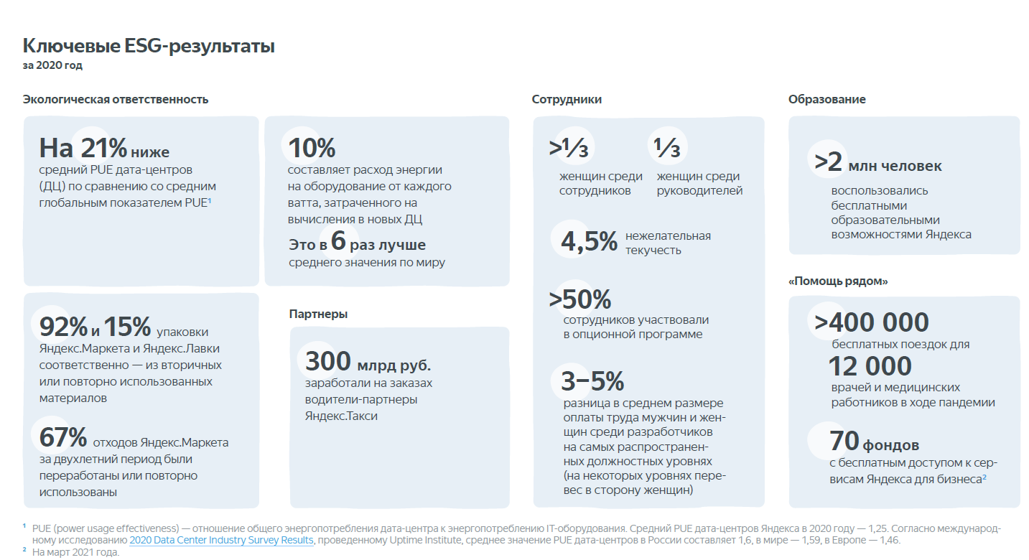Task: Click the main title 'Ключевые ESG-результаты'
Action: (149, 47)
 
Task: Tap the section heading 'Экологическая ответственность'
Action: (116, 99)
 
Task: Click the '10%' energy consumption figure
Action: (312, 148)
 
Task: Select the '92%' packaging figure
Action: (63, 327)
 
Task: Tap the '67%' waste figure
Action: (63, 437)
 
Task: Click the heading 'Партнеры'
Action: (318, 314)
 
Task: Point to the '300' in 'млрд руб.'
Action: (328, 360)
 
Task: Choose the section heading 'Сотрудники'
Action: (567, 99)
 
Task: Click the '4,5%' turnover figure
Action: (589, 242)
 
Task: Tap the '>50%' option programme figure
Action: (580, 299)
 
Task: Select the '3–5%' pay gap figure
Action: (592, 381)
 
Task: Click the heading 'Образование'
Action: (827, 99)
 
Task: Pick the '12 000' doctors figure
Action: (870, 366)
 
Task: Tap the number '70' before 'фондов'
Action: (844, 439)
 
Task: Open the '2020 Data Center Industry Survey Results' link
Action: (221, 540)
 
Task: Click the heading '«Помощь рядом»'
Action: (838, 281)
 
